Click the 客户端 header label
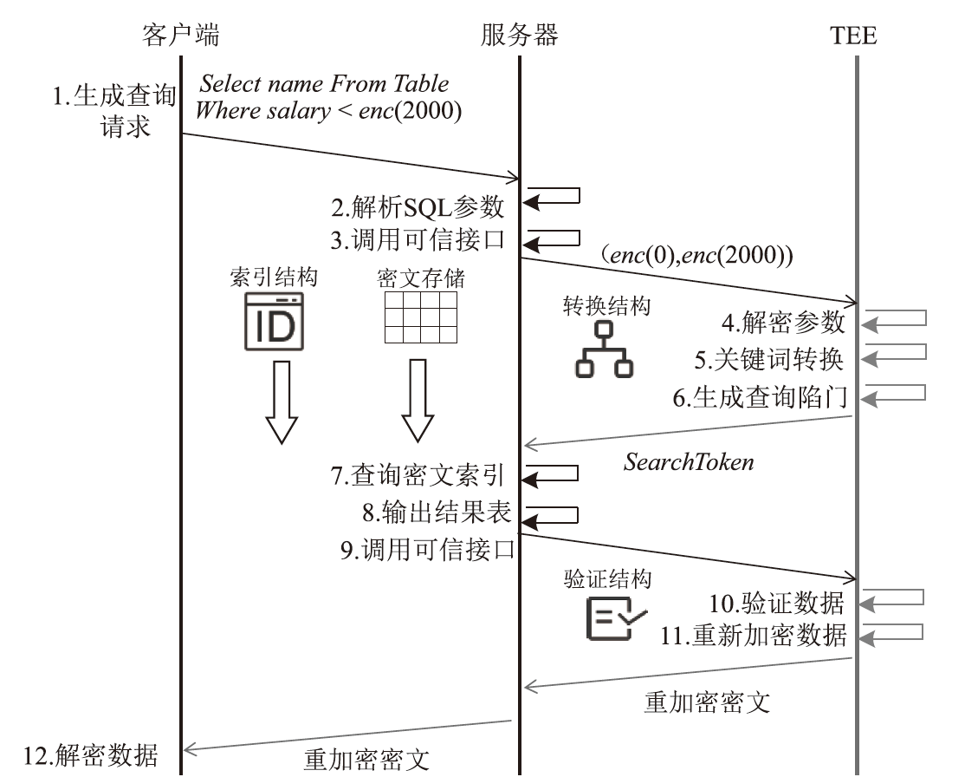(180, 35)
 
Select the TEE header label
(852, 36)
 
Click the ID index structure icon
(273, 320)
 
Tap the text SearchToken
(689, 461)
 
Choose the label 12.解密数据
(92, 752)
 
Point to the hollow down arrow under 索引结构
(281, 402)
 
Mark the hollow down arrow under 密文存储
(418, 402)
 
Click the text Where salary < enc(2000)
(328, 111)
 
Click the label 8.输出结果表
(437, 513)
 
